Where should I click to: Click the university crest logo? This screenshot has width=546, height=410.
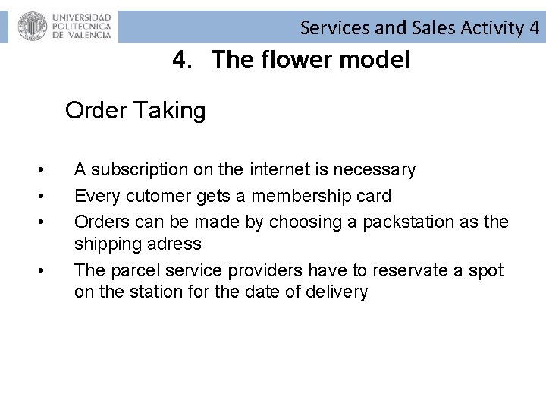point(32,27)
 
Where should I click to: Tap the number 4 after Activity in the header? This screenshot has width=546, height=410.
point(534,29)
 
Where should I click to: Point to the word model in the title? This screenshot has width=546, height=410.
point(376,59)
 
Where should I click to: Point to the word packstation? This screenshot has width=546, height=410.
point(410,222)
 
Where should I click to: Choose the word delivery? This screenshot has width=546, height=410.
point(338,292)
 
